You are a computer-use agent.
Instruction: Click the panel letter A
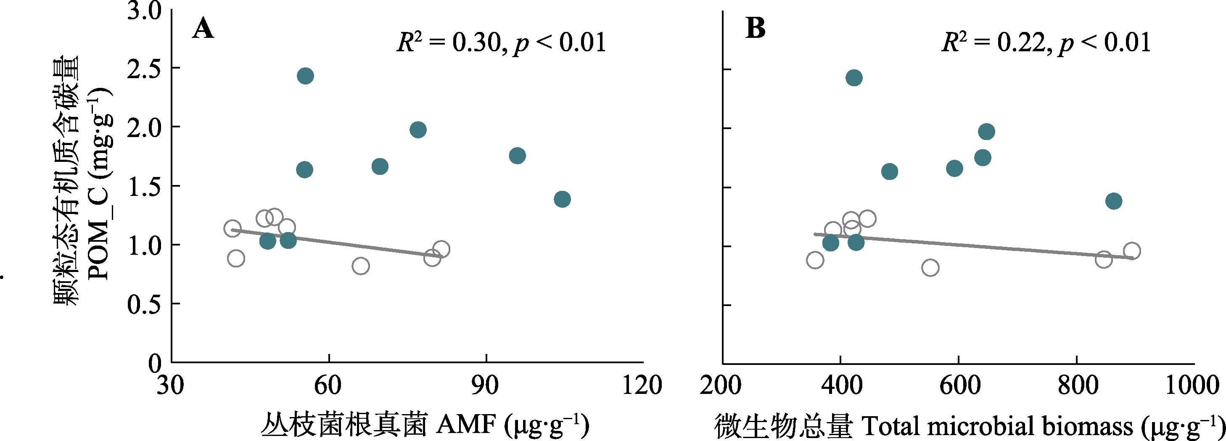[x=203, y=29]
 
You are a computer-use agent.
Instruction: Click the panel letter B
[x=755, y=28]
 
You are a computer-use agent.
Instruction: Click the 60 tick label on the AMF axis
[x=328, y=385]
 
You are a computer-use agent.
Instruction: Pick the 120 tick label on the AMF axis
[x=642, y=385]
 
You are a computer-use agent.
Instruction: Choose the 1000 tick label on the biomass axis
[x=1192, y=385]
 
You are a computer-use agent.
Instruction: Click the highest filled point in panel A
[x=306, y=76]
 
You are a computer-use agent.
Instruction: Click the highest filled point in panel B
[x=854, y=77]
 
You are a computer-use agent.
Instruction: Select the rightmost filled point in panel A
[x=562, y=199]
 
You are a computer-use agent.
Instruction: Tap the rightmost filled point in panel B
[x=1114, y=201]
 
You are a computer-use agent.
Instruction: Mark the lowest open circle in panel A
[x=361, y=265]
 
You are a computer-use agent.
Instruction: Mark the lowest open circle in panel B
[x=930, y=268]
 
